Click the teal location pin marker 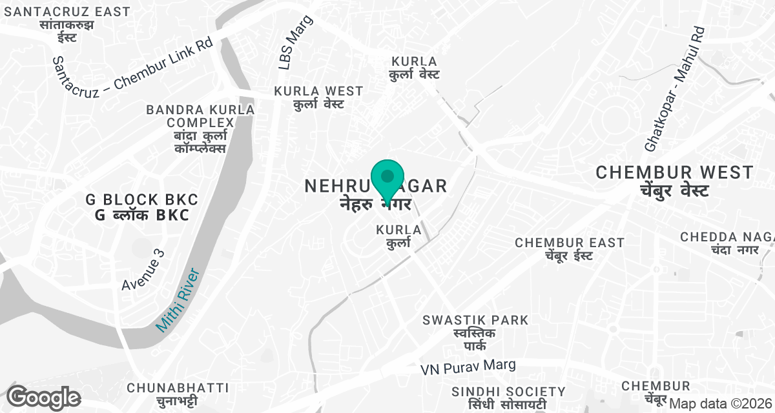387,178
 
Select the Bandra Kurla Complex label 200,128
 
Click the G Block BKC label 142,207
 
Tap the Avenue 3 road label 143,269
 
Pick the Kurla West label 318,97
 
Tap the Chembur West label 675,181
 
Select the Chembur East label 569,248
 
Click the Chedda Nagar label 727,243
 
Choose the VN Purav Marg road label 468,367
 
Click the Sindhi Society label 508,398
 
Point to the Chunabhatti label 178,394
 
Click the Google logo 44,398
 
